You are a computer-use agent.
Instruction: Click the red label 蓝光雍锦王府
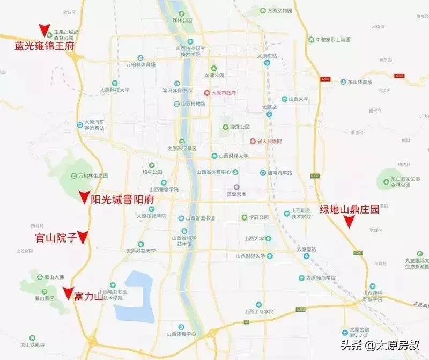(x=44, y=47)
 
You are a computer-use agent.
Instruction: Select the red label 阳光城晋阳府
(x=123, y=199)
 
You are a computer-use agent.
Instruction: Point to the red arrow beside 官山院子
(x=83, y=236)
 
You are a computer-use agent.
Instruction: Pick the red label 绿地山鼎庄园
(x=349, y=210)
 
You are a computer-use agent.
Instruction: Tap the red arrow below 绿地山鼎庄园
(x=349, y=224)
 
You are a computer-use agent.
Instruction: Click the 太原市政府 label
(x=224, y=93)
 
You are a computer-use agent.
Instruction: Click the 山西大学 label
(x=299, y=99)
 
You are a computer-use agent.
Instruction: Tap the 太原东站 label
(x=267, y=56)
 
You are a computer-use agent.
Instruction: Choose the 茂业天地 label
(x=236, y=194)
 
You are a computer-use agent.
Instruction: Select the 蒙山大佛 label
(x=54, y=277)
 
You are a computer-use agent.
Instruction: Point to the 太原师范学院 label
(x=321, y=277)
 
